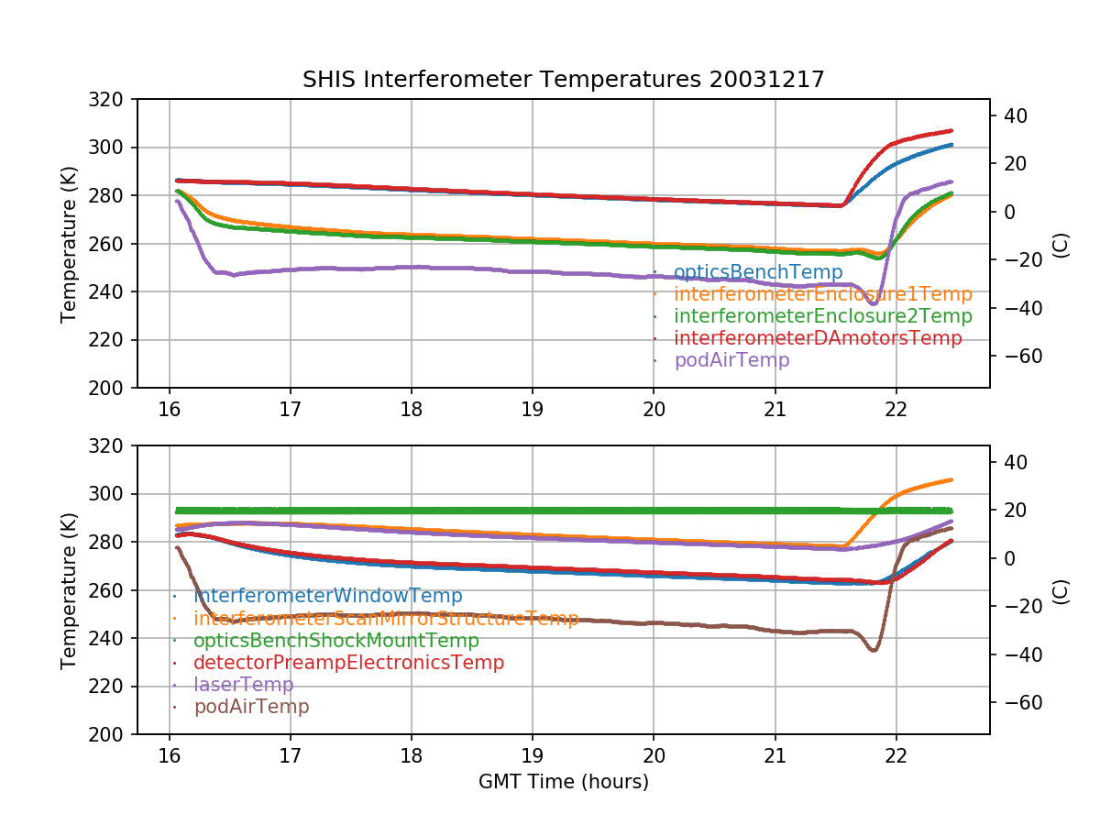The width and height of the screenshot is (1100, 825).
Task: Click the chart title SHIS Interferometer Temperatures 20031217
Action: coord(563,80)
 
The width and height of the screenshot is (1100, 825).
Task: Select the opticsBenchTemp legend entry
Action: coord(757,272)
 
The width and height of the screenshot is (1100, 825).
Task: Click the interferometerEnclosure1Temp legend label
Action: coord(822,294)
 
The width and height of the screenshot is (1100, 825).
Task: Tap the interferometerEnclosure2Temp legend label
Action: coord(822,316)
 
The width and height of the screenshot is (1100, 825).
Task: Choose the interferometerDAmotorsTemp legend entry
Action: coord(818,338)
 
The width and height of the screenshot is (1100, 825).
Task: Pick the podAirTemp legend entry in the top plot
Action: coord(731,360)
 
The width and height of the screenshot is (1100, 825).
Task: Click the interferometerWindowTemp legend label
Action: coord(327,597)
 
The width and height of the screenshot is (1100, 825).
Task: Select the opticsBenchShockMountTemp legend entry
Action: coord(335,641)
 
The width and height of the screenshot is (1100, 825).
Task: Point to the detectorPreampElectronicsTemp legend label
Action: coord(348,663)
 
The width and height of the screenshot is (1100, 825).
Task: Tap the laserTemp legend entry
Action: coord(243,685)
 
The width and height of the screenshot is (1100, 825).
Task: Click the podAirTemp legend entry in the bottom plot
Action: coord(251,707)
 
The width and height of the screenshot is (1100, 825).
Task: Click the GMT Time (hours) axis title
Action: coord(563,782)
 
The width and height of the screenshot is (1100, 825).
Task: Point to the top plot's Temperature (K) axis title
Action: coord(68,244)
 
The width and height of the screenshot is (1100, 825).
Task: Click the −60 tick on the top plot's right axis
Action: coord(1012,356)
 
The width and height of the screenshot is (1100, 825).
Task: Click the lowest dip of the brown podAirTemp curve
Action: coord(874,650)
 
